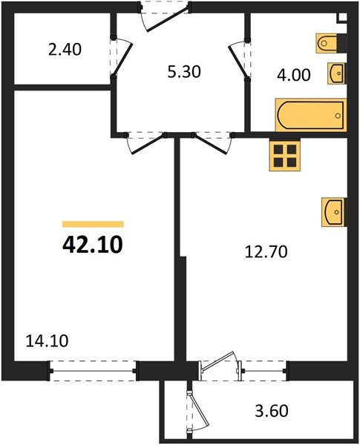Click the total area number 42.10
click(x=91, y=243)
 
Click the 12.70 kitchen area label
click(x=265, y=251)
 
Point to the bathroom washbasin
click(x=337, y=73)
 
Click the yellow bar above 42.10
click(x=93, y=223)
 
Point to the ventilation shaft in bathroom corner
click(x=342, y=18)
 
